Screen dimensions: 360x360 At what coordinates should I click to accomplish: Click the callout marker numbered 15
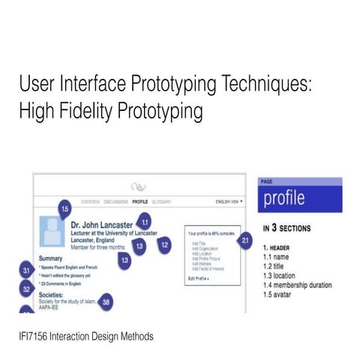(64, 209)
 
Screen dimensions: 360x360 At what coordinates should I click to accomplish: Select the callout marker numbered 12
(164, 244)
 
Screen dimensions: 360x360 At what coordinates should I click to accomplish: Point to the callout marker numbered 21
(247, 240)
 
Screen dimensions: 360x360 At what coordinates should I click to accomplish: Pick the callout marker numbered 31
(25, 270)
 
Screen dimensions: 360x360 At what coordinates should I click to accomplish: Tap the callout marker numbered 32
(25, 288)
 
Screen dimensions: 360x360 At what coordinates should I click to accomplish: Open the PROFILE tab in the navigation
(139, 202)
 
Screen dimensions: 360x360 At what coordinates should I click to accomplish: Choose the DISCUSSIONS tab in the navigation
(116, 202)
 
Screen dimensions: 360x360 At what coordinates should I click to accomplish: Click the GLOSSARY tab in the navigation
(161, 202)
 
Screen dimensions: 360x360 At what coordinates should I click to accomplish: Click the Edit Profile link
(199, 278)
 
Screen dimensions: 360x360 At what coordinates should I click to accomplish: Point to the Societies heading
(56, 295)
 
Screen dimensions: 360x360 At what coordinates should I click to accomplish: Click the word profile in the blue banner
(284, 198)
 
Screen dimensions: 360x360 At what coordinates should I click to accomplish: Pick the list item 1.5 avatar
(281, 295)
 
